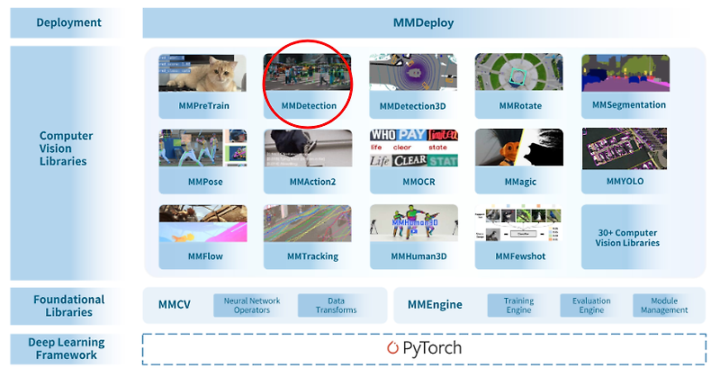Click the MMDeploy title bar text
[424, 22]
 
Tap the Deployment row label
[68, 22]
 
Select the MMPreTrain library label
[203, 106]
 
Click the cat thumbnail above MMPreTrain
[203, 73]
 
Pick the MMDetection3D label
[413, 106]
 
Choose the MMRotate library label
[518, 106]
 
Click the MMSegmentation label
[629, 105]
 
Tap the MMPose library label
[203, 182]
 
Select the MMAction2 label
[309, 182]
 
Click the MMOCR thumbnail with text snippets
[413, 148]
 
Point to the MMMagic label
[518, 182]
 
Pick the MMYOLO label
[625, 182]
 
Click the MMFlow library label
[203, 256]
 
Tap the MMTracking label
[309, 256]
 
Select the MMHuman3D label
[413, 256]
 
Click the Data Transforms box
[335, 305]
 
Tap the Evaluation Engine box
[591, 305]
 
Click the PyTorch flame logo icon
[392, 347]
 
